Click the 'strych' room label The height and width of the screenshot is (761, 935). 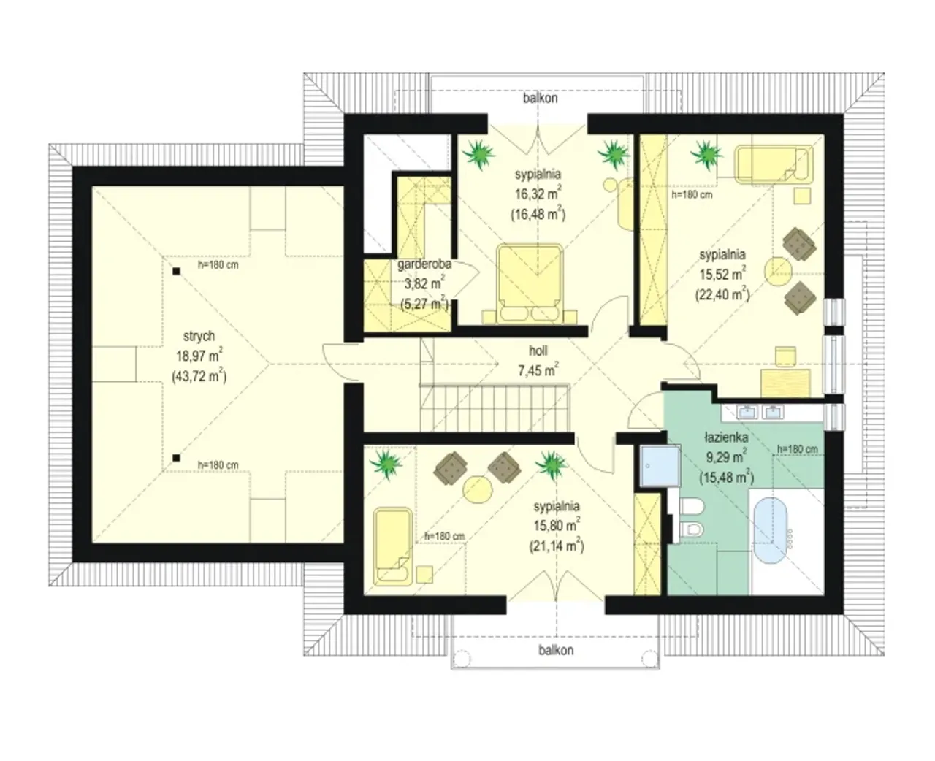(x=199, y=337)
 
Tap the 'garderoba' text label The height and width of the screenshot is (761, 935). (x=424, y=264)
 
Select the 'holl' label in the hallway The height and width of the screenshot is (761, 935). (x=538, y=351)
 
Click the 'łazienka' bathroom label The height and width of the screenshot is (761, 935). (x=726, y=437)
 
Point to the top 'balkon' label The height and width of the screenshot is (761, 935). (x=540, y=98)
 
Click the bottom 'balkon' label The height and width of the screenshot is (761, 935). (x=556, y=650)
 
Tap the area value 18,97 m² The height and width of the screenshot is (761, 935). (x=199, y=355)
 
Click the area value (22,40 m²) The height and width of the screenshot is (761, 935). (x=722, y=294)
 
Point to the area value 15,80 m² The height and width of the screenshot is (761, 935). (x=557, y=524)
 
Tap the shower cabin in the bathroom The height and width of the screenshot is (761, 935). (x=660, y=466)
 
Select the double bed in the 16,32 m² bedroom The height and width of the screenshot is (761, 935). (x=530, y=284)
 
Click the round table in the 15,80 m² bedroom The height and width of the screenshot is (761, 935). (x=478, y=489)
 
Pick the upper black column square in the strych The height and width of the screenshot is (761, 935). (x=176, y=271)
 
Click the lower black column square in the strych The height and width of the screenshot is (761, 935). (x=176, y=458)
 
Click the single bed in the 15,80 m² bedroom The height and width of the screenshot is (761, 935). (x=392, y=546)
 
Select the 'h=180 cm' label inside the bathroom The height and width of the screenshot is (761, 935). (x=797, y=449)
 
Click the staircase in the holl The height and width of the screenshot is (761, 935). (x=495, y=407)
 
